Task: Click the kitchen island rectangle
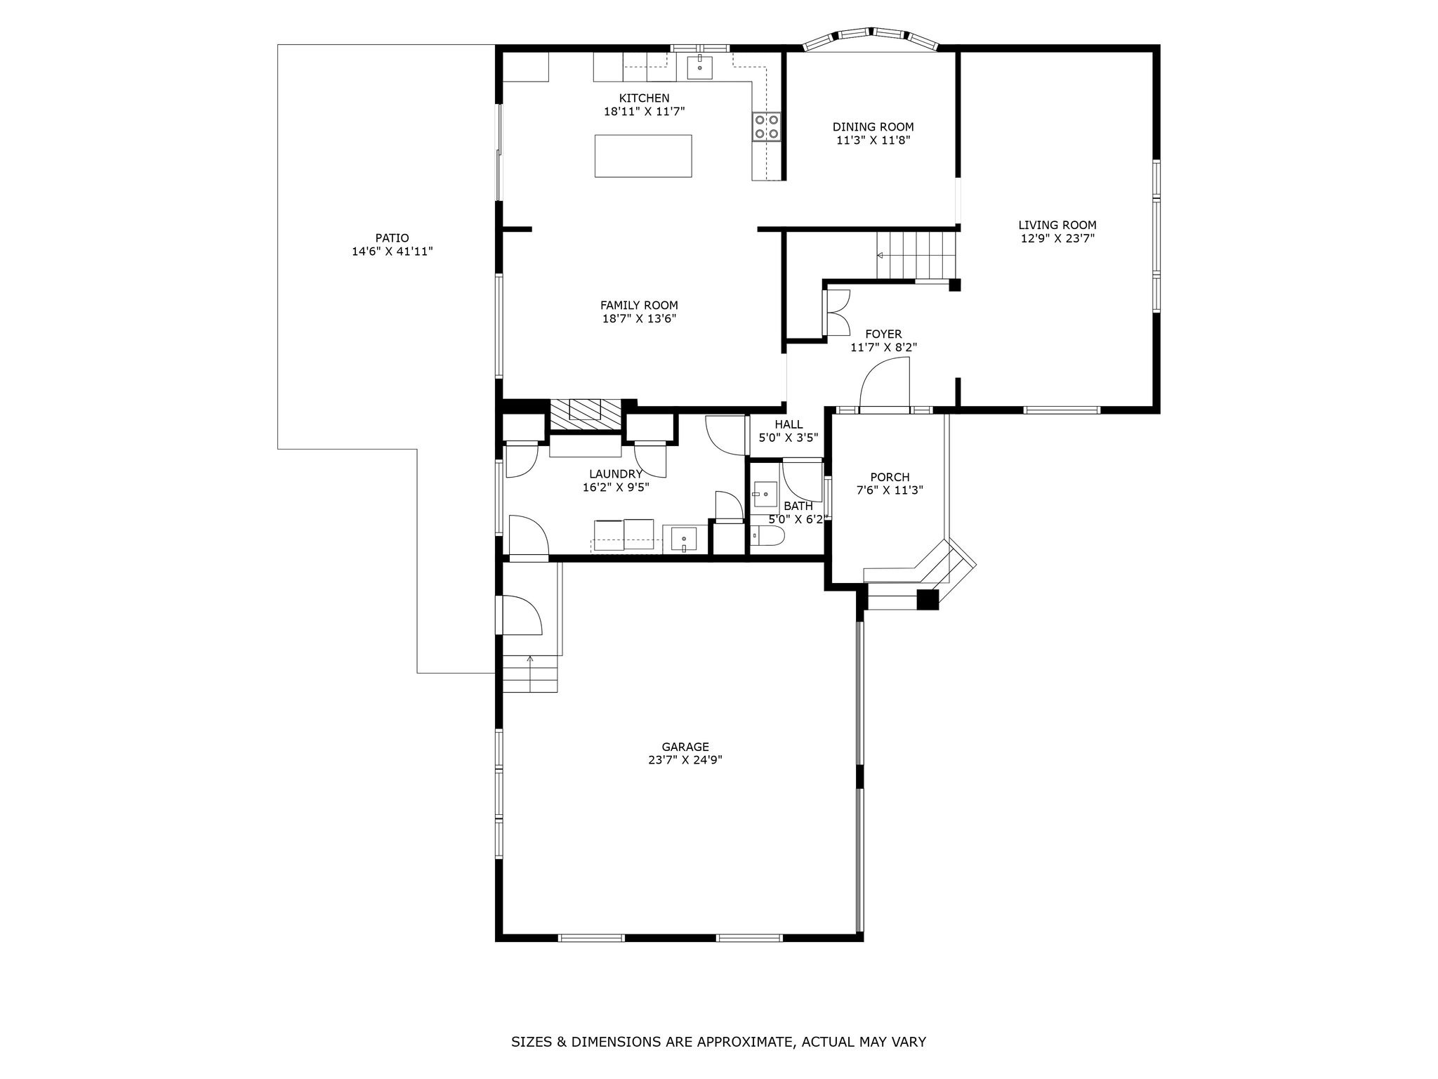[x=643, y=156]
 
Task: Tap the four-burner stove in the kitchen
[x=766, y=127]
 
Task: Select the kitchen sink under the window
[x=700, y=67]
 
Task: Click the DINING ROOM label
[x=873, y=127]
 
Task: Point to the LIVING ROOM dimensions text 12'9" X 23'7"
[x=1057, y=238]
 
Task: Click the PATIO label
[x=392, y=238]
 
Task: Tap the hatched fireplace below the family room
[x=586, y=414]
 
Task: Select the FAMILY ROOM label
[x=639, y=306]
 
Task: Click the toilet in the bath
[x=767, y=536]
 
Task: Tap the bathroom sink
[x=765, y=495]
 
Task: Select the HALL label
[x=789, y=425]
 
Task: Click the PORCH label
[x=890, y=478]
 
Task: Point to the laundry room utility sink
[x=683, y=539]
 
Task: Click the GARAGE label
[x=685, y=747]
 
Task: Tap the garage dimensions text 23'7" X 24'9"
[x=685, y=760]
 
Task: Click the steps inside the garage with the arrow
[x=530, y=674]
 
